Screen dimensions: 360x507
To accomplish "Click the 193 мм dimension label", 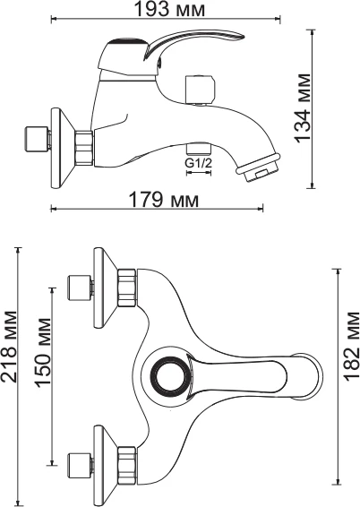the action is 169,9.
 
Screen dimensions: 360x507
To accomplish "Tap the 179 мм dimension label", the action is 164,200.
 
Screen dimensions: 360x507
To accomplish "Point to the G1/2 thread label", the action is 199,163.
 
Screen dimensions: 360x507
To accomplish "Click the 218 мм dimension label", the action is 9,347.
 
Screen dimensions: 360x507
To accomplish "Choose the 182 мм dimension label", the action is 352,346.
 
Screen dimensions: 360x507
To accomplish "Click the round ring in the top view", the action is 169,375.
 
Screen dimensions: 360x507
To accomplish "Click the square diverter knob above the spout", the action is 200,90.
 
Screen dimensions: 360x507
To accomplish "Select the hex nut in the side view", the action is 84,149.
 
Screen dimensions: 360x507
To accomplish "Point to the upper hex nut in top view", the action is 127,288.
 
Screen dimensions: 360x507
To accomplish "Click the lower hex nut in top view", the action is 127,466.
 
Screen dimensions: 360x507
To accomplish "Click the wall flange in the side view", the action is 63,149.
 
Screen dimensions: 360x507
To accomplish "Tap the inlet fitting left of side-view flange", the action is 37,140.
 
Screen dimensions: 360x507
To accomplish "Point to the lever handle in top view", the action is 237,375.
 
